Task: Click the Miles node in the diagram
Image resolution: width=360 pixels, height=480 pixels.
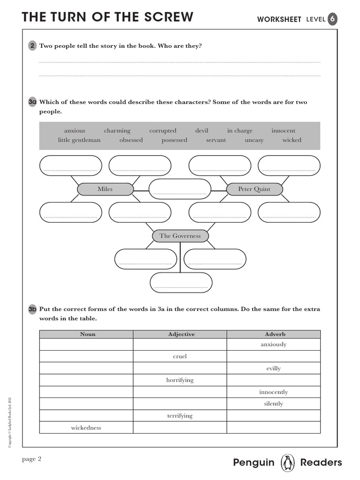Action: pyautogui.click(x=105, y=189)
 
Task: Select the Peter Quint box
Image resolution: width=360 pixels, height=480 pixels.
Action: pyautogui.click(x=255, y=189)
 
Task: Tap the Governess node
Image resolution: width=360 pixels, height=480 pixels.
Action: pyautogui.click(x=180, y=236)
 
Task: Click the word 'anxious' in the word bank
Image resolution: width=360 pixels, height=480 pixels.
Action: pyautogui.click(x=75, y=131)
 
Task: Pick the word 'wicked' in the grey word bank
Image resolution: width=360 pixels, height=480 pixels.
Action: pyautogui.click(x=292, y=140)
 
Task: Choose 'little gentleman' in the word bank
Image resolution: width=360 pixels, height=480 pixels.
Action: pyautogui.click(x=79, y=140)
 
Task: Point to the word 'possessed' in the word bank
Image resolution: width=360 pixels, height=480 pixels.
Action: pyautogui.click(x=174, y=140)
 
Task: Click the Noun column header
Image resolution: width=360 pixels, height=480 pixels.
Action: pyautogui.click(x=87, y=334)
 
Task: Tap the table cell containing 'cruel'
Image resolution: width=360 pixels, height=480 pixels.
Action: pyautogui.click(x=180, y=356)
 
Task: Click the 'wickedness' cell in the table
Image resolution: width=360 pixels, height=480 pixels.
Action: pyautogui.click(x=86, y=427)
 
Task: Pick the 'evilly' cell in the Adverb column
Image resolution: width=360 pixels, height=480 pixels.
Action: pyautogui.click(x=273, y=368)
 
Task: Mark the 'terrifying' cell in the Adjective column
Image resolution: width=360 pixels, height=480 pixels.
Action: pyautogui.click(x=180, y=416)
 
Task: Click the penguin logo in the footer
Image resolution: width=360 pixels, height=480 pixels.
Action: pyautogui.click(x=287, y=463)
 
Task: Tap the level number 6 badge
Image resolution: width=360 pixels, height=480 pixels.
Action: pyautogui.click(x=332, y=19)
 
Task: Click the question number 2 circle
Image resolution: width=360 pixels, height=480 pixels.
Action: pyautogui.click(x=32, y=46)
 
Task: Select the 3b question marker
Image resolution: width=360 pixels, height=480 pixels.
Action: pyautogui.click(x=32, y=309)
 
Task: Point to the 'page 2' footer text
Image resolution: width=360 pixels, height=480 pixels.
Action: pyautogui.click(x=32, y=459)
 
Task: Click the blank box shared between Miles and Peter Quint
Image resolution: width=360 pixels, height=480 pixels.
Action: pyautogui.click(x=180, y=189)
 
